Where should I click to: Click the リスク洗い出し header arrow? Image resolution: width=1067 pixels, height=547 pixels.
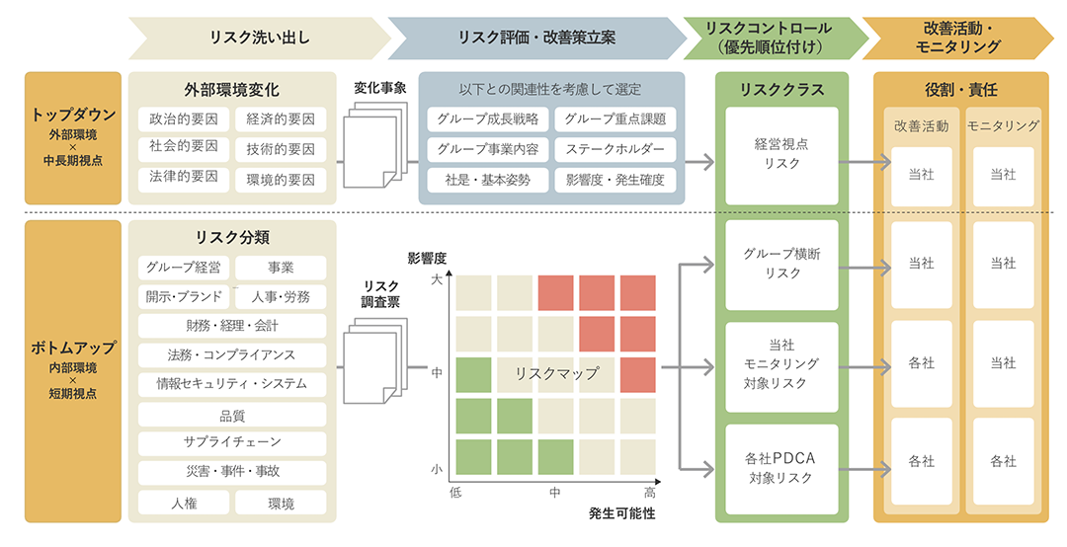259,39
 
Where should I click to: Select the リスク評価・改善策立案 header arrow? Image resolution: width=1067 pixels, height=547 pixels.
536,39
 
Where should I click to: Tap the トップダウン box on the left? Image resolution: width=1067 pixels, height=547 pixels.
73,137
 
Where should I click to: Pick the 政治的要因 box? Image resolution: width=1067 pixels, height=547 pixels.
184,119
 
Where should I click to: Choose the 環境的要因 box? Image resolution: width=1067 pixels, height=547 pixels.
281,180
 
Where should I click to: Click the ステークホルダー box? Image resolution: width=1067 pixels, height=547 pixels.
615,150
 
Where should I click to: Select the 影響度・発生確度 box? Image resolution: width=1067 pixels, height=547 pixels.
615,180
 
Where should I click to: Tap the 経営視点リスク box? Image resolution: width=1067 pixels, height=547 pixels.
781,154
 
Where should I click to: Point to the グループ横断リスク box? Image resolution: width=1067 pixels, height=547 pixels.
781,264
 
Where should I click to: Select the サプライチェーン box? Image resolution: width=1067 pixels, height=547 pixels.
232,443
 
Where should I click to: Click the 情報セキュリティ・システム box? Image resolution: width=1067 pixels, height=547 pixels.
232,383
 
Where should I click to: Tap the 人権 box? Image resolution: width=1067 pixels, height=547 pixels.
184,503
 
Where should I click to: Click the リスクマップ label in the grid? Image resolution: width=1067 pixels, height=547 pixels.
556,373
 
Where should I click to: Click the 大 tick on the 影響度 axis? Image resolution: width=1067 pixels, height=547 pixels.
437,280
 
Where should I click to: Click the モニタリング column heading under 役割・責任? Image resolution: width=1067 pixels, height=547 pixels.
1003,126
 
